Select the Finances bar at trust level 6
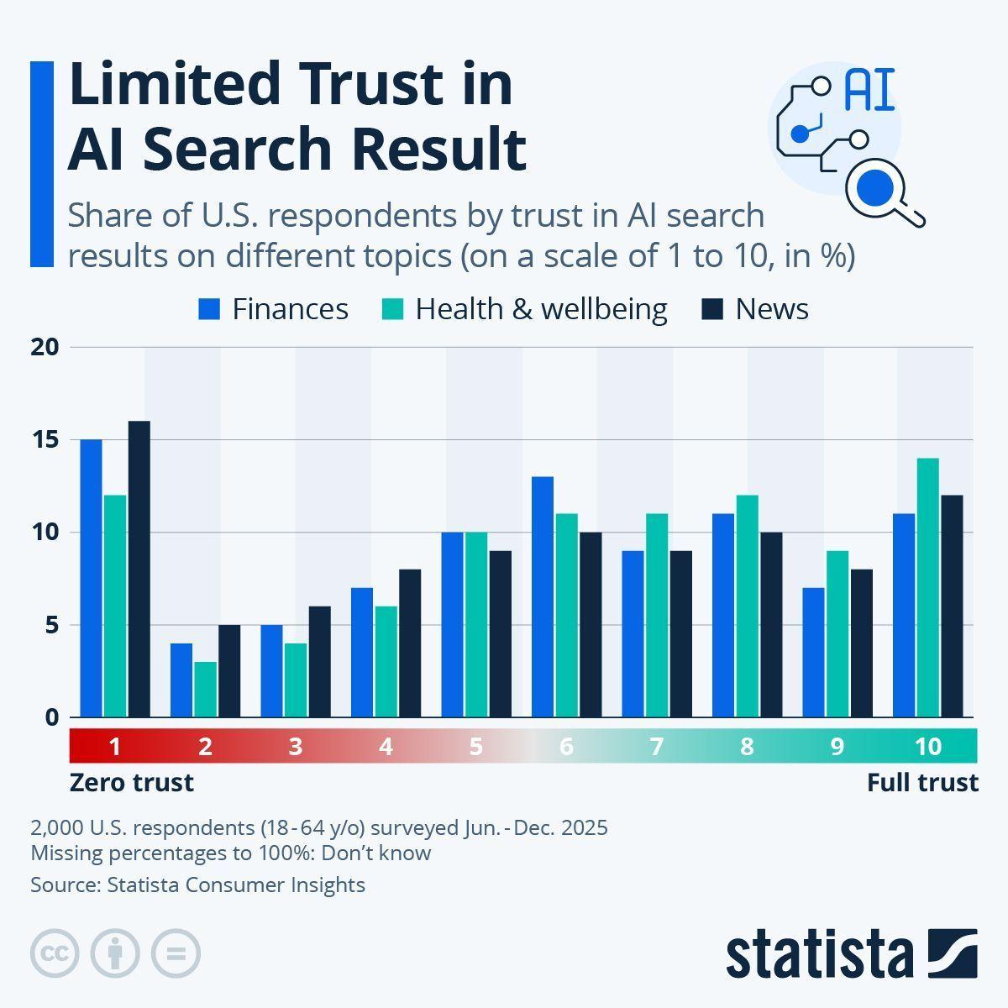tap(543, 596)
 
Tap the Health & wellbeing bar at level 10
tap(928, 587)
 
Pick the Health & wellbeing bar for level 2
tap(205, 690)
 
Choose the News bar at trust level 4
tap(410, 643)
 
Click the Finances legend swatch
tap(209, 310)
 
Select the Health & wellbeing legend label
tap(541, 309)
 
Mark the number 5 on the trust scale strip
tap(475, 746)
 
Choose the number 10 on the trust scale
tap(927, 746)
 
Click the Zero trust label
tap(131, 783)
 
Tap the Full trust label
tap(922, 783)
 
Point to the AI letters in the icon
tap(869, 91)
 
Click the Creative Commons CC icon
tap(55, 953)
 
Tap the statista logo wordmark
tap(820, 953)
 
